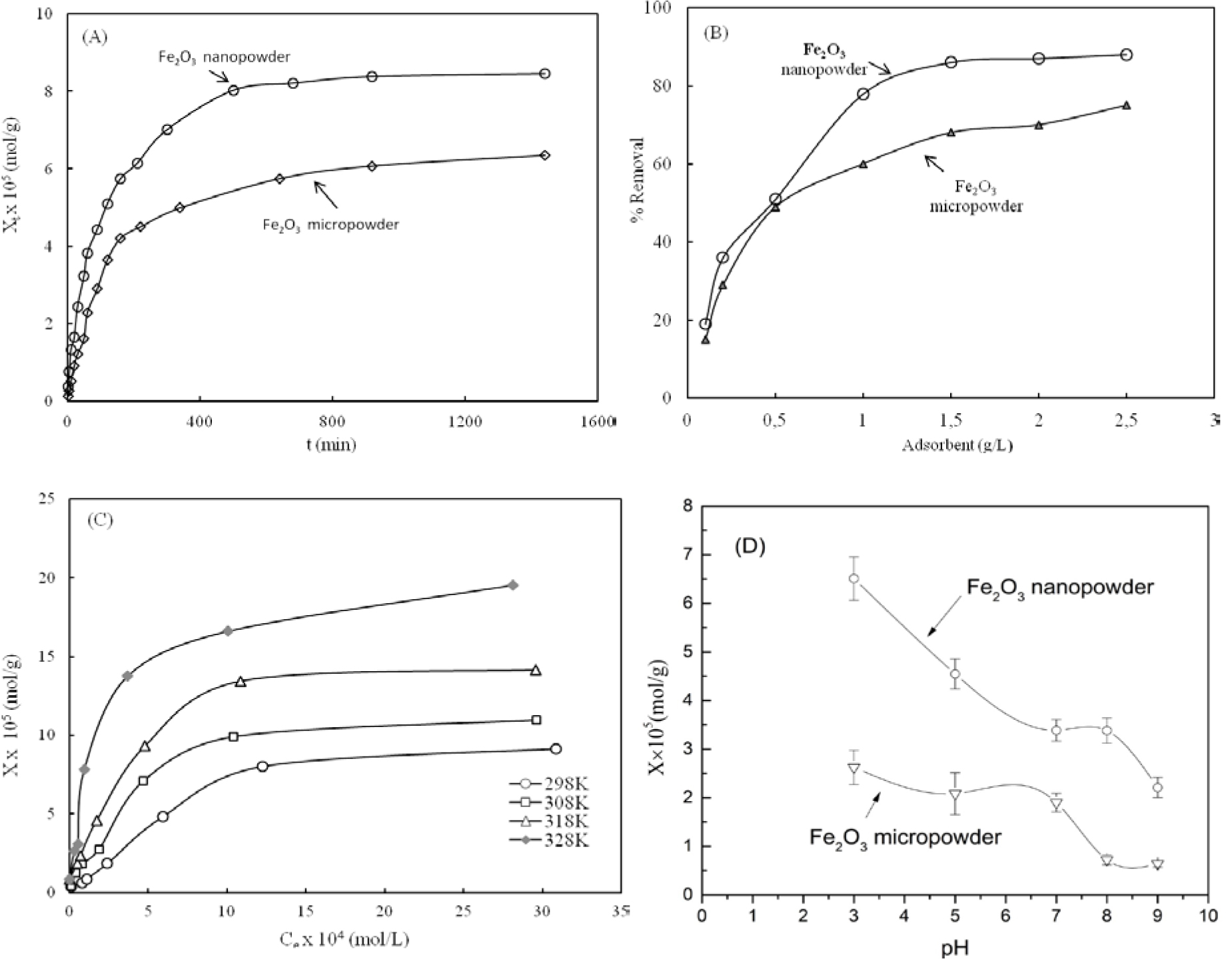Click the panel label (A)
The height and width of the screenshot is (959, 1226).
point(94,37)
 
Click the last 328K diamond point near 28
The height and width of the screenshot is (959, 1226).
point(512,584)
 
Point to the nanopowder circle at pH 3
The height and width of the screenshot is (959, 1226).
point(854,578)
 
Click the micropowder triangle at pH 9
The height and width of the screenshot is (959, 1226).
point(1157,864)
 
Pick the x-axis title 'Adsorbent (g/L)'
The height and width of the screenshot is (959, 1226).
point(957,445)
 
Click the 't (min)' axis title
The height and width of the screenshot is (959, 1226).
point(331,444)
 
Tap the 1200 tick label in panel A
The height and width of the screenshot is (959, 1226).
point(464,421)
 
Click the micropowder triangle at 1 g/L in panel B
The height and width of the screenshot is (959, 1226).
point(863,164)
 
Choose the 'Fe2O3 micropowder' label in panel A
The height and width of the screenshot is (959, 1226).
point(330,225)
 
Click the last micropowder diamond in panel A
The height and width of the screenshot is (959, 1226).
point(544,155)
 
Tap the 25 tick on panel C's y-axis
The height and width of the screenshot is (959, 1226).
point(47,498)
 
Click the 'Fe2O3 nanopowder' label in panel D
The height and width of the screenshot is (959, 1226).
point(1059,587)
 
